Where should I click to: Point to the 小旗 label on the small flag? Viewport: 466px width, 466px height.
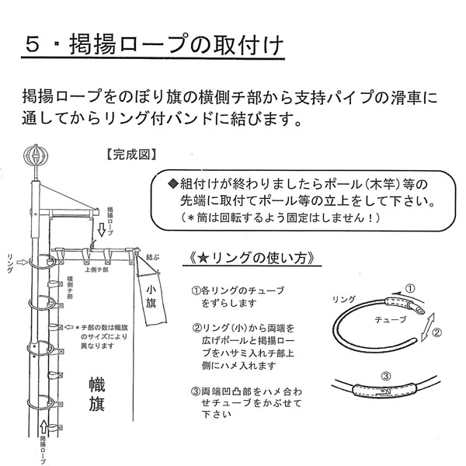click(x=150, y=299)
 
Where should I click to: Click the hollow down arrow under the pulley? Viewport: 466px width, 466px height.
click(x=102, y=230)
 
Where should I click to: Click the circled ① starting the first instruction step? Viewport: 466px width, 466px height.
click(x=196, y=290)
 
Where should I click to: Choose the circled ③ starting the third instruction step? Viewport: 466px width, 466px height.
click(x=196, y=391)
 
